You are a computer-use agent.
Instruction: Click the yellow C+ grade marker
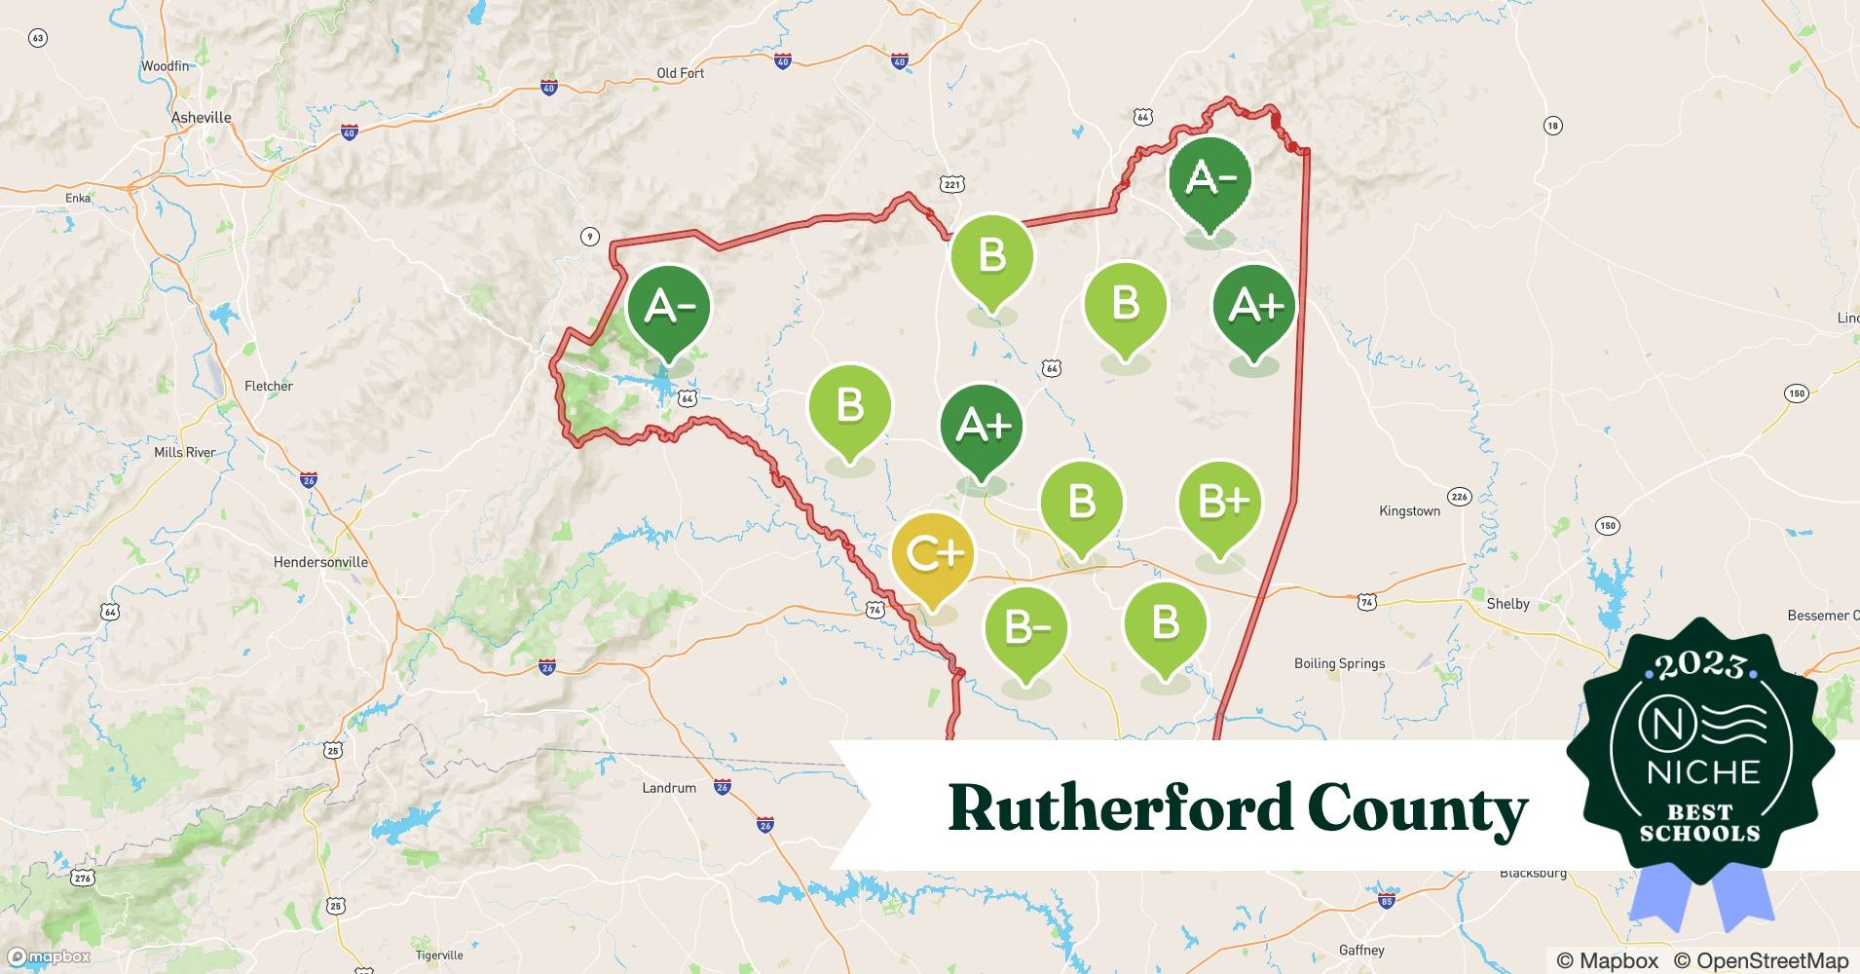point(933,554)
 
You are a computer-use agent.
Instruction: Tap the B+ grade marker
point(1219,503)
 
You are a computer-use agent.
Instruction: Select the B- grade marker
point(1025,628)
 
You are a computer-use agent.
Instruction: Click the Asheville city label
point(202,118)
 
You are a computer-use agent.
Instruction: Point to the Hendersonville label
point(320,562)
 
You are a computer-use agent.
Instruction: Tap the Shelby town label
point(1507,604)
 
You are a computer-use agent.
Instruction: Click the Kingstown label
point(1409,511)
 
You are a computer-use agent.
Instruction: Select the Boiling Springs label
point(1339,663)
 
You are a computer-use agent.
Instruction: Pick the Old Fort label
point(680,73)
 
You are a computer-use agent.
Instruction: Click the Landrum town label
point(669,788)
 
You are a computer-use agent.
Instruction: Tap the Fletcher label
point(269,386)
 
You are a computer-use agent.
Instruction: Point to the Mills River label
point(185,452)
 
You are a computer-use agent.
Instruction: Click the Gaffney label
point(1361,950)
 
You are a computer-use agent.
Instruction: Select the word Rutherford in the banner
point(1120,808)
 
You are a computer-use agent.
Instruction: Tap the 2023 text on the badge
point(1700,666)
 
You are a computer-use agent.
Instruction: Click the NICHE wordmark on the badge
point(1704,772)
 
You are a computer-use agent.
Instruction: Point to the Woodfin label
point(165,66)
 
